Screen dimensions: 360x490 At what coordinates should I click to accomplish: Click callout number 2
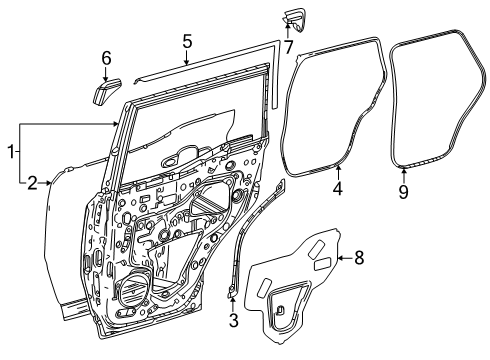(32, 182)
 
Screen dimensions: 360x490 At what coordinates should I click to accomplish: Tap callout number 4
(337, 187)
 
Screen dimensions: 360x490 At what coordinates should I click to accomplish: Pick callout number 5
(187, 41)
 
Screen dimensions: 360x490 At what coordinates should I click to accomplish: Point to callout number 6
(107, 61)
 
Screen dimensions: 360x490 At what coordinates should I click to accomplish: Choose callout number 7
(288, 46)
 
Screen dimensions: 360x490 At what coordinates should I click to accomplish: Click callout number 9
(404, 189)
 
